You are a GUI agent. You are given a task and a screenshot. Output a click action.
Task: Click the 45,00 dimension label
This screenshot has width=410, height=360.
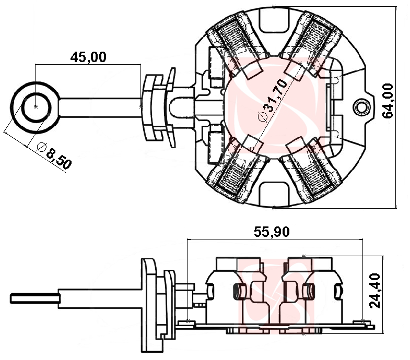click(x=88, y=57)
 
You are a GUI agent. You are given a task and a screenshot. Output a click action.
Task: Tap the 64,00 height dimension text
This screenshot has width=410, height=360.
click(x=388, y=101)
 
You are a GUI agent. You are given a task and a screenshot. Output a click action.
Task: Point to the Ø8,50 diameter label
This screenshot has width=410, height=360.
click(x=54, y=155)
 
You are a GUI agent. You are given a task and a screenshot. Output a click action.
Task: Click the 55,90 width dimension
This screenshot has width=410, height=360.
click(x=272, y=232)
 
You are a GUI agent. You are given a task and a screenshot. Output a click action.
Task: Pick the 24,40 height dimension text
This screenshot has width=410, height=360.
click(x=374, y=291)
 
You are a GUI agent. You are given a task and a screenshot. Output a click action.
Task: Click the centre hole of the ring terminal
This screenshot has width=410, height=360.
click(x=36, y=106)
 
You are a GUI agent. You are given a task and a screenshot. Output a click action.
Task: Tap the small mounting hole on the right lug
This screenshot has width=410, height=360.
click(x=361, y=107)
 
